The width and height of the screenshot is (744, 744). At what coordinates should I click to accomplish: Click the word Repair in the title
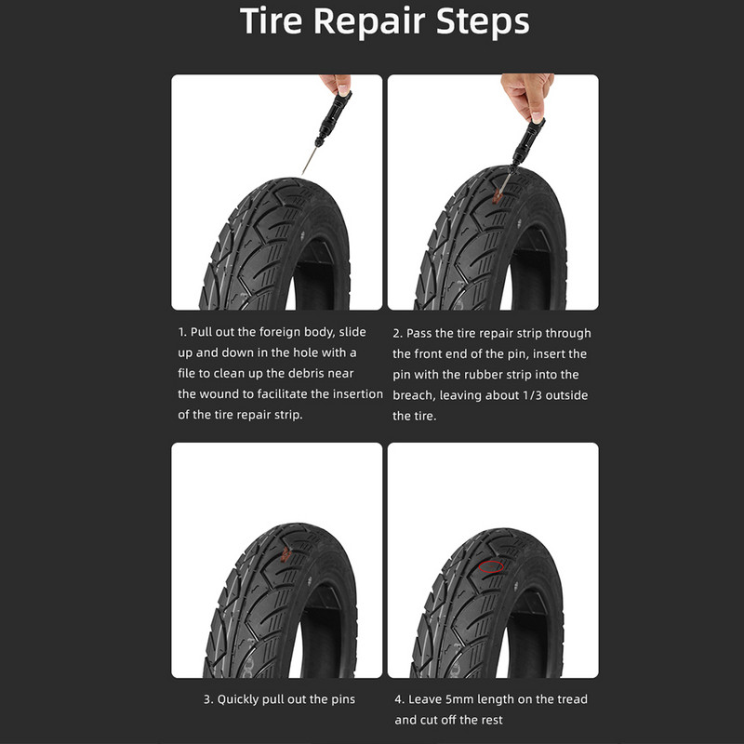click(x=369, y=22)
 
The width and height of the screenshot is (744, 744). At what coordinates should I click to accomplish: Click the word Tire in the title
click(x=271, y=20)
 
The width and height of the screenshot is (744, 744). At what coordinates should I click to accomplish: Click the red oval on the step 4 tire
click(x=491, y=566)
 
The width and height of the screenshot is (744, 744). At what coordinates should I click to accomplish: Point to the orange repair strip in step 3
click(x=286, y=554)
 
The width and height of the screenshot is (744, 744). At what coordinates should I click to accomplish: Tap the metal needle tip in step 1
click(x=302, y=173)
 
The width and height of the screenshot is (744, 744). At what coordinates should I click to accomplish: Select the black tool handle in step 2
click(x=527, y=142)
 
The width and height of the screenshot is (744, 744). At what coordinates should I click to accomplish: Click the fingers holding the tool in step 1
click(x=338, y=84)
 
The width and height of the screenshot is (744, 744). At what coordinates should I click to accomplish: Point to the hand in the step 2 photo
click(x=527, y=95)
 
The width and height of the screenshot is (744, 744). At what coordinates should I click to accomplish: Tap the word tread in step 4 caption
click(x=573, y=699)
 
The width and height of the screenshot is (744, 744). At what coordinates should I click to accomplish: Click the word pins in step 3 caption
click(x=342, y=700)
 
